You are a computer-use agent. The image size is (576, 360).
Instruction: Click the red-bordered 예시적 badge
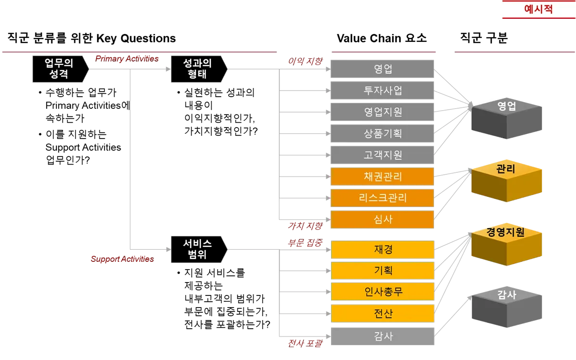point(538,9)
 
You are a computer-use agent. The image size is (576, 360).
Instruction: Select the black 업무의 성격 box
point(59,69)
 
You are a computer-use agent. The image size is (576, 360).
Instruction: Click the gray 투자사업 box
point(383,90)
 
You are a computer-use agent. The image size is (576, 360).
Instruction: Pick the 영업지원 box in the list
point(383,112)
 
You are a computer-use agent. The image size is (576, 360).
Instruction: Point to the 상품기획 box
point(383,134)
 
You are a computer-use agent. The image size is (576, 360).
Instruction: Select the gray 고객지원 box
point(383,155)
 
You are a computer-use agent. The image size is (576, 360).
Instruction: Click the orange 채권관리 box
point(383,177)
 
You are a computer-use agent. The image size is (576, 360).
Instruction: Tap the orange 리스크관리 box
point(383,198)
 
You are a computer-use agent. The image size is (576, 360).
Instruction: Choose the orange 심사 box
point(383,219)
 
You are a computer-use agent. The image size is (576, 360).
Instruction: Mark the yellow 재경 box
point(383,249)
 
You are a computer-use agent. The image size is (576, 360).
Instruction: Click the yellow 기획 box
point(383,270)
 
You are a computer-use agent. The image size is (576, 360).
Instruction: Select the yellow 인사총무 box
point(383,292)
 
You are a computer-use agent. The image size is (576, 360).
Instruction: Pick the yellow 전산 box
point(383,313)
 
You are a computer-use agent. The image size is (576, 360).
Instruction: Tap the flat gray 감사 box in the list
point(383,336)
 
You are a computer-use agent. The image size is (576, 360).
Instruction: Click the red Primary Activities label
point(127,59)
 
